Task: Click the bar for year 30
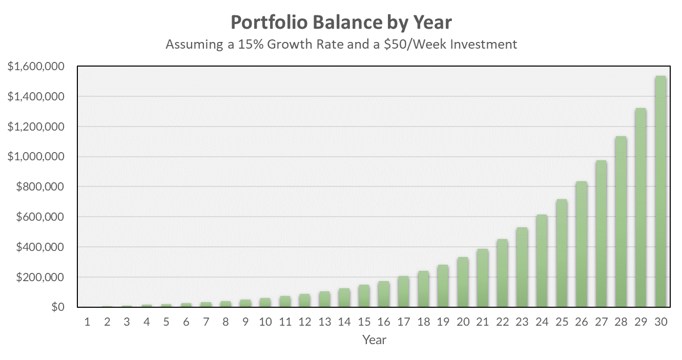(660, 192)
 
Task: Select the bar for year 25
(562, 253)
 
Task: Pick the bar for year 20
(463, 282)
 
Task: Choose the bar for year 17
(403, 292)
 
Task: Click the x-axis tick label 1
(87, 322)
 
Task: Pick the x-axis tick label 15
(364, 322)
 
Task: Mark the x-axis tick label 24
(542, 322)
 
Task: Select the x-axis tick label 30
(660, 322)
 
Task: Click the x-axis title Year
(374, 340)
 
